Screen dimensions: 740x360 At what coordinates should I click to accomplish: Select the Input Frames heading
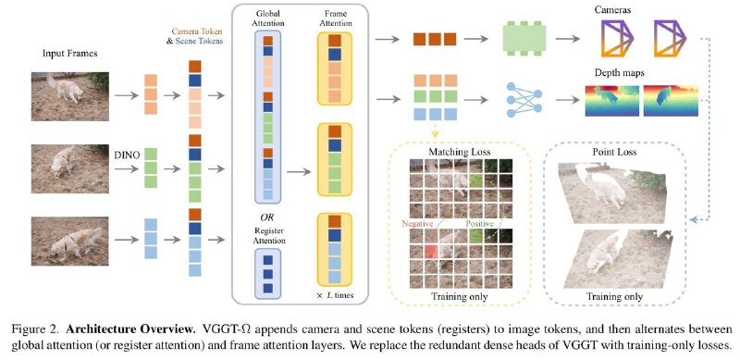(70, 54)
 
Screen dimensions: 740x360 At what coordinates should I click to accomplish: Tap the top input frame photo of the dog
(70, 96)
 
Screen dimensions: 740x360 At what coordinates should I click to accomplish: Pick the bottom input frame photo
(70, 241)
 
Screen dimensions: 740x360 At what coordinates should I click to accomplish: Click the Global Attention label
(267, 18)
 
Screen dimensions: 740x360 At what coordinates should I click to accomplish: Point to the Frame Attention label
(335, 18)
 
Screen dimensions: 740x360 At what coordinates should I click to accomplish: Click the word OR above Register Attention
(267, 217)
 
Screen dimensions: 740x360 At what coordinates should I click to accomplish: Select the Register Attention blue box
(267, 274)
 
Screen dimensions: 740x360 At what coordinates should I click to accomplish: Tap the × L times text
(335, 296)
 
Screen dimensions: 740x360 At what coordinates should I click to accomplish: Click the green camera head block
(524, 39)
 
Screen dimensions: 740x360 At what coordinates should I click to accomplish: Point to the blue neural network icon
(524, 100)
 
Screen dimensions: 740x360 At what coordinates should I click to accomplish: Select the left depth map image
(612, 101)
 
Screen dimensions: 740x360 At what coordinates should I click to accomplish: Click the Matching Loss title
(459, 152)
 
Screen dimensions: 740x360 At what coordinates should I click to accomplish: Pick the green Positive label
(480, 223)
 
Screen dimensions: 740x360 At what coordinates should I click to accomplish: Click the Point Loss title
(614, 152)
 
